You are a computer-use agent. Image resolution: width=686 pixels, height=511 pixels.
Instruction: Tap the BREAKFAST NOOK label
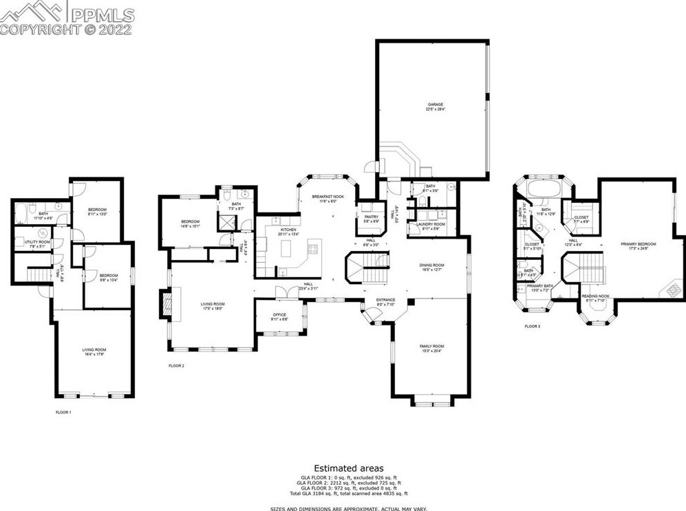(328, 197)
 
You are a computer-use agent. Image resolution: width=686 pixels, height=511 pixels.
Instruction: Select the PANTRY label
(371, 217)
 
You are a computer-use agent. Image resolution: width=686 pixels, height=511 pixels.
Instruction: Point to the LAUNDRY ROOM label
(431, 224)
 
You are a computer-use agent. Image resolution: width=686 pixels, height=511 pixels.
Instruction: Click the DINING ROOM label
(432, 265)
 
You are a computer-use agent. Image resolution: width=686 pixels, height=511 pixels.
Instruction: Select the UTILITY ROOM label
(37, 242)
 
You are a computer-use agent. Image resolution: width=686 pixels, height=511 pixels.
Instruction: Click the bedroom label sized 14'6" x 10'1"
(189, 221)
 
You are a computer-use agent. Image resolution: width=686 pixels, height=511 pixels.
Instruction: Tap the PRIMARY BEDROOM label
(639, 244)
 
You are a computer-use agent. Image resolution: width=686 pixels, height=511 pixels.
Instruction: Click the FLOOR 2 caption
(176, 366)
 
